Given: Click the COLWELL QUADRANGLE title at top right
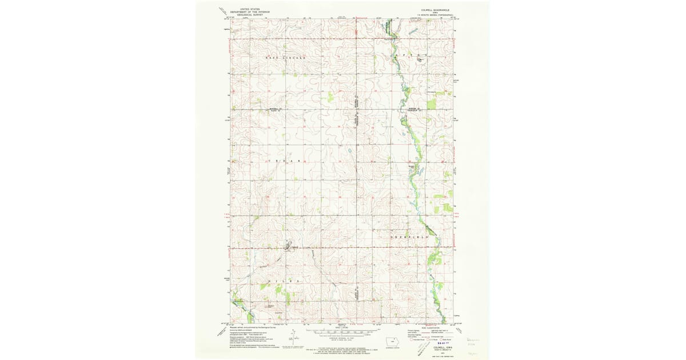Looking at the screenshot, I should click(429, 10).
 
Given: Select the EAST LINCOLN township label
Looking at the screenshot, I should click(285, 58).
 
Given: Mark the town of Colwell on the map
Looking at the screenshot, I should click(292, 247).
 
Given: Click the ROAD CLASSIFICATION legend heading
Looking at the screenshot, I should click(433, 327).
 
